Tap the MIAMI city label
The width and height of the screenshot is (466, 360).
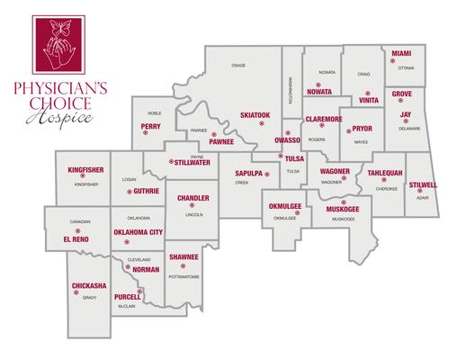(401, 54)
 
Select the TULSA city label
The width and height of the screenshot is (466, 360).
(294, 158)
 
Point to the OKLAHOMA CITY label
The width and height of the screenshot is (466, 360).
(137, 233)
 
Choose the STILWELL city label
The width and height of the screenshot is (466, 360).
(422, 184)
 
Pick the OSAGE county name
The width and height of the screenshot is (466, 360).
(238, 66)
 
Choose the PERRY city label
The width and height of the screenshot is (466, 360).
(151, 127)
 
